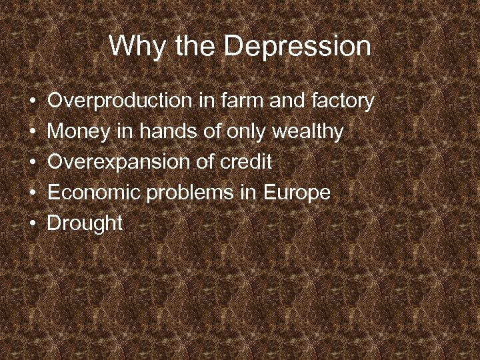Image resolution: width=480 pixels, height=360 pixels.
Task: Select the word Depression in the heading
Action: (297, 47)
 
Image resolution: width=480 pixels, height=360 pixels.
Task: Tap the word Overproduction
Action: (119, 101)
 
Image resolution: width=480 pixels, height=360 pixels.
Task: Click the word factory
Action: (343, 102)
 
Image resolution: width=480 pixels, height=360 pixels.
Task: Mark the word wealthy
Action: (307, 132)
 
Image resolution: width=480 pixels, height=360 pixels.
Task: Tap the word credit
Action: (248, 162)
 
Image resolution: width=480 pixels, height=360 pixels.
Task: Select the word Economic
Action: (93, 193)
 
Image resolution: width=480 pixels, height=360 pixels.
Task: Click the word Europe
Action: (297, 193)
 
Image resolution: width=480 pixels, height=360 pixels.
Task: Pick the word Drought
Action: (85, 224)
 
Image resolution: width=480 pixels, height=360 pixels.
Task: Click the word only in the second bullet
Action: (246, 132)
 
